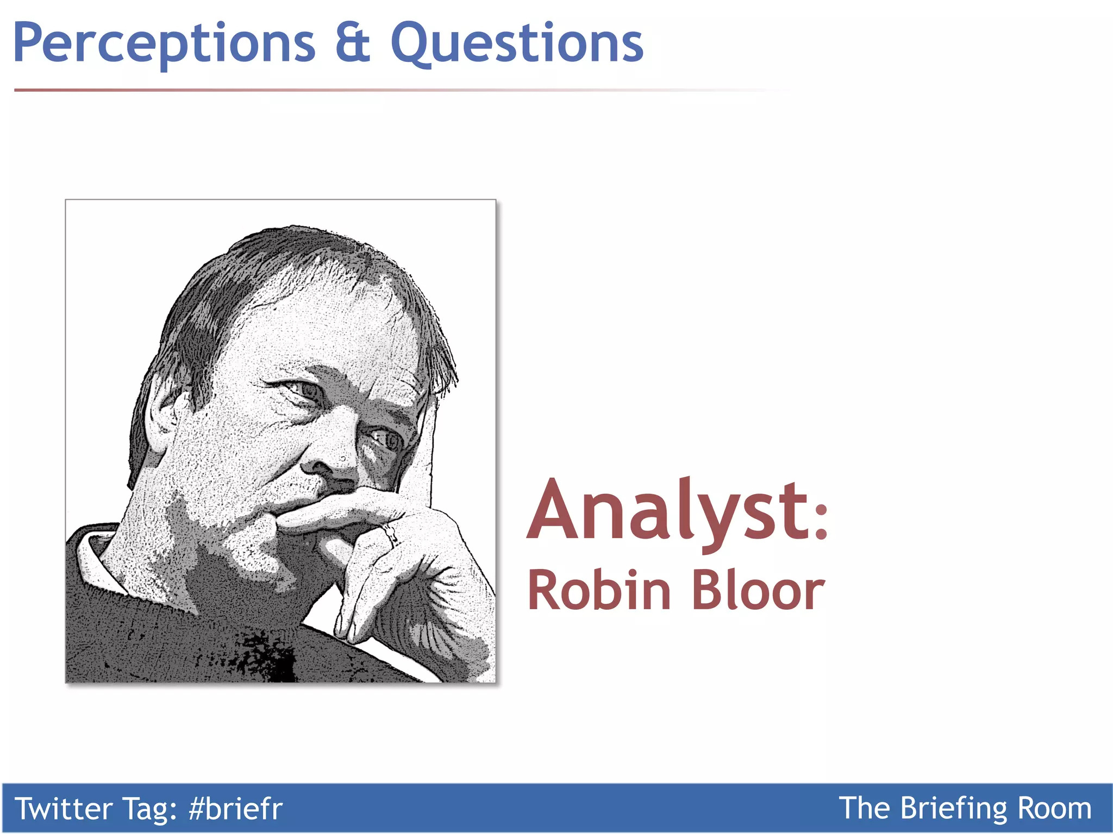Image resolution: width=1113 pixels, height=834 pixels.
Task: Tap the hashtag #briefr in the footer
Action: [235, 808]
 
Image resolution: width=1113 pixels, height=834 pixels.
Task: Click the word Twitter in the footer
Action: [63, 808]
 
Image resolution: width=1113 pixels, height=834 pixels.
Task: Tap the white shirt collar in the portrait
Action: [95, 559]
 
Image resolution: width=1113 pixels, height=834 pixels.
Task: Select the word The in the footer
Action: [865, 808]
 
